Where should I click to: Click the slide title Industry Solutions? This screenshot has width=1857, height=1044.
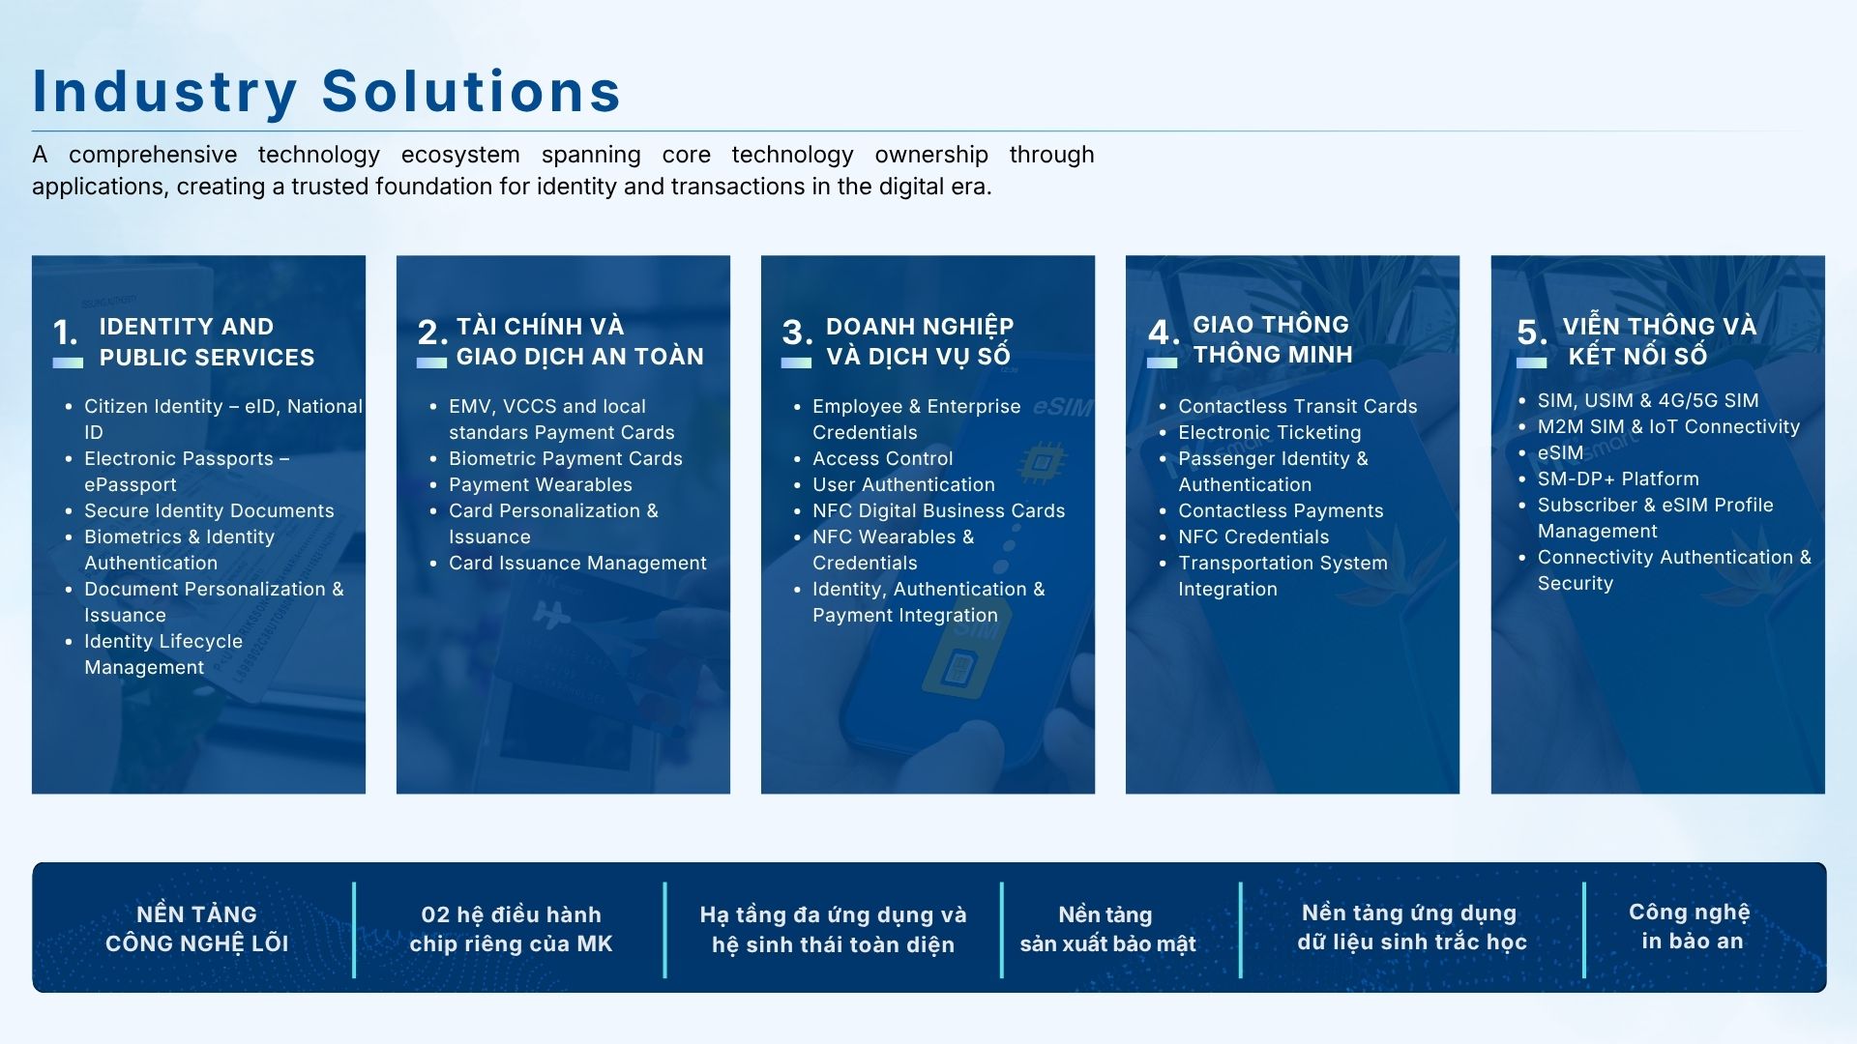coord(327,92)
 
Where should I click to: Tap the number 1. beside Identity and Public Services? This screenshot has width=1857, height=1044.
coord(66,333)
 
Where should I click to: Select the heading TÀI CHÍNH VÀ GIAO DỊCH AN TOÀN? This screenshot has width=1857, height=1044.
coord(580,341)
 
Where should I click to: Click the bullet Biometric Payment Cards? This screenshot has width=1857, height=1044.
coord(566,458)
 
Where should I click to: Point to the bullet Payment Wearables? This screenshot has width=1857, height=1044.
coord(541,484)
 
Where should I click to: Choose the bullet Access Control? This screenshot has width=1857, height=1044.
coord(883,458)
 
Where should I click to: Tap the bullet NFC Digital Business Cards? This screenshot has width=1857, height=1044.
coord(939,510)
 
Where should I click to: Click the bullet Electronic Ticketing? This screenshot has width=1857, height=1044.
coord(1270,432)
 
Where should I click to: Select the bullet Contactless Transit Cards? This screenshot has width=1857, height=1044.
coord(1298,406)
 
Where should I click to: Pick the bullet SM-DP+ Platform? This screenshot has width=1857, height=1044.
coord(1618,478)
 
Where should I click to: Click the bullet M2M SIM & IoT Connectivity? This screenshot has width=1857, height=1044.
coord(1669,426)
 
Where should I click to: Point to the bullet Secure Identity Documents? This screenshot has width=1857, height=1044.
coord(209,510)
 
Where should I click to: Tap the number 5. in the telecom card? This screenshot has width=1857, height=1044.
coord(1532,333)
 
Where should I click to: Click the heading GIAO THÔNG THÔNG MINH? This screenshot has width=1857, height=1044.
coord(1273,339)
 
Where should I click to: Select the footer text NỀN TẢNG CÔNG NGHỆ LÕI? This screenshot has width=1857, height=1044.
coord(197,929)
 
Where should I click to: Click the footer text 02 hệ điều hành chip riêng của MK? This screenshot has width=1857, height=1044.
coord(512,929)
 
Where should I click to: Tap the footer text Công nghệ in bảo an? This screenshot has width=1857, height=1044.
coord(1690,927)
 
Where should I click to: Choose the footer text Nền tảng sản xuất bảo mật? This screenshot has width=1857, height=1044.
coord(1108,929)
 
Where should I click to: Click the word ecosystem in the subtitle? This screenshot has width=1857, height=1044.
coord(460,155)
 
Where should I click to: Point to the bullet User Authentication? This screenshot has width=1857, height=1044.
coord(903,484)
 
